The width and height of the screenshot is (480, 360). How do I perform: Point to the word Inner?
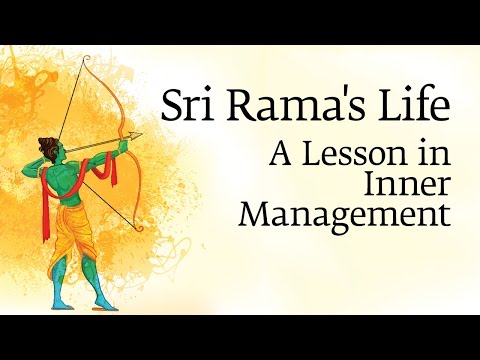(406, 186)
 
